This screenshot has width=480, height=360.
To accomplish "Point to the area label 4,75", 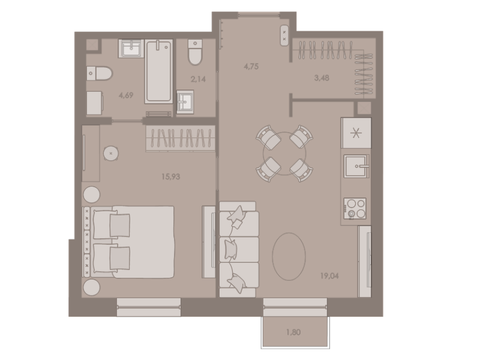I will [x=251, y=67].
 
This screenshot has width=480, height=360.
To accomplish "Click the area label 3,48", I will [x=321, y=77].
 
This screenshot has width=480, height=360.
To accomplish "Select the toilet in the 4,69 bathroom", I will [x=100, y=73].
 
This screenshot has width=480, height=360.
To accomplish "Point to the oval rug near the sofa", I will [x=289, y=254].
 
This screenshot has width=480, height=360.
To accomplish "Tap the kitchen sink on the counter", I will [x=356, y=166].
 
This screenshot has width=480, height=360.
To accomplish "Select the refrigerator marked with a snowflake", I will [x=356, y=133].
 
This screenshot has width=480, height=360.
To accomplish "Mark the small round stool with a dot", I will [x=111, y=153].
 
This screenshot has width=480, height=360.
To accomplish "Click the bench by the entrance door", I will [x=284, y=33].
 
